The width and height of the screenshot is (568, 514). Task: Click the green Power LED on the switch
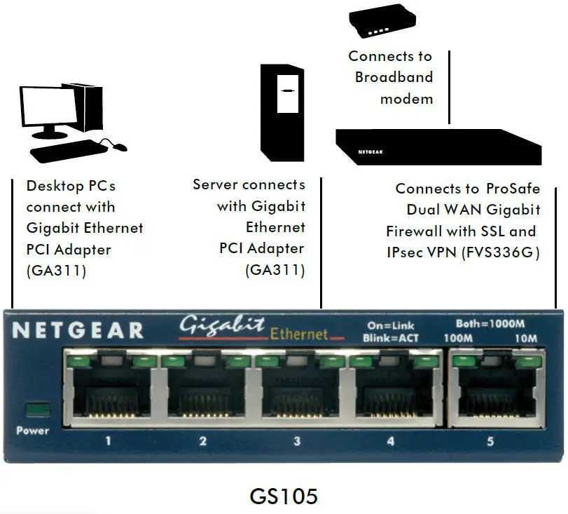pyautogui.click(x=32, y=409)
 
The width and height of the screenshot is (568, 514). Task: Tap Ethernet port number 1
pyautogui.click(x=108, y=395)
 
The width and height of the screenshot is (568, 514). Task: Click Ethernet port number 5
pyautogui.click(x=491, y=395)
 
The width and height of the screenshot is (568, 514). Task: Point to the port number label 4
pyautogui.click(x=391, y=441)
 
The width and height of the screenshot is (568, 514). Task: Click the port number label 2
pyautogui.click(x=203, y=441)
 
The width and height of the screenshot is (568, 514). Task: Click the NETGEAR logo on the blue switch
pyautogui.click(x=78, y=330)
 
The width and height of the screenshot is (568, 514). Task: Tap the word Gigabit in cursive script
pyautogui.click(x=222, y=326)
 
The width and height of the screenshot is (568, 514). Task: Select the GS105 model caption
pyautogui.click(x=284, y=496)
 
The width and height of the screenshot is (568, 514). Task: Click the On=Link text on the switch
pyautogui.click(x=391, y=325)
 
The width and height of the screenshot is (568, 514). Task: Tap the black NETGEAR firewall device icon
pyautogui.click(x=437, y=147)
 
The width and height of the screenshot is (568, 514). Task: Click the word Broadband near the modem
pyautogui.click(x=394, y=77)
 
